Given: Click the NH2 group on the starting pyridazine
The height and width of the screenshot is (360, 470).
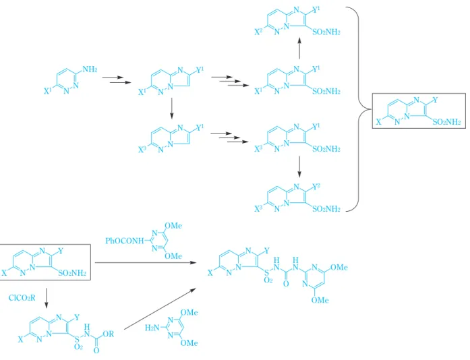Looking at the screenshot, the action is pyautogui.click(x=90, y=69).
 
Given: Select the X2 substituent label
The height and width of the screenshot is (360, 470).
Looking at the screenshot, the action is pyautogui.click(x=258, y=32).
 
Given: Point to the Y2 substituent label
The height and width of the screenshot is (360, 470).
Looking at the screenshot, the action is pyautogui.click(x=316, y=187).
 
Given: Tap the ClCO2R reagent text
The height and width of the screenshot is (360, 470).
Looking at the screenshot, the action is pyautogui.click(x=22, y=298).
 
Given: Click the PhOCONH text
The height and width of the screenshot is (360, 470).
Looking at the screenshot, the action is pyautogui.click(x=125, y=241).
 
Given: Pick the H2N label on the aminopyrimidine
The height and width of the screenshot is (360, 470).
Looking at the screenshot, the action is pyautogui.click(x=152, y=328).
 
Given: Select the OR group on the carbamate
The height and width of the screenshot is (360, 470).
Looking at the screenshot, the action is pyautogui.click(x=108, y=334).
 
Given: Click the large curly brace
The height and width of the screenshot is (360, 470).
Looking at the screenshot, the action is pyautogui.click(x=359, y=109).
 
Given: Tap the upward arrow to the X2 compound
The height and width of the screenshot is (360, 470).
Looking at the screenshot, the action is pyautogui.click(x=299, y=49).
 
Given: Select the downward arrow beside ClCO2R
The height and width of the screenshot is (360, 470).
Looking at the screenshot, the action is pyautogui.click(x=46, y=298).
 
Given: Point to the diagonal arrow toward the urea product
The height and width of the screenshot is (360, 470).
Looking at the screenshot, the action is pyautogui.click(x=160, y=309).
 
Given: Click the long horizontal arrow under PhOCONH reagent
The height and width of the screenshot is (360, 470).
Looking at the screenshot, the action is pyautogui.click(x=146, y=262).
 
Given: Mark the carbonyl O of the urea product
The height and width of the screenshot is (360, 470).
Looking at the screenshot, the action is pyautogui.click(x=286, y=283).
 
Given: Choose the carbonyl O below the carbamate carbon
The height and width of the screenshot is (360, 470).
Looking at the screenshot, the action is pyautogui.click(x=96, y=350).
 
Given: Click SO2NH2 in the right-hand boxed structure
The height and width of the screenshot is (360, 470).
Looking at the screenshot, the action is pyautogui.click(x=446, y=122).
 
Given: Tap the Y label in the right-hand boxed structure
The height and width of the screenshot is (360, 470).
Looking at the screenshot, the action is pyautogui.click(x=435, y=100).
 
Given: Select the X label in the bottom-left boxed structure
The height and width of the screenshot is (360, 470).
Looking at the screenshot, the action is pyautogui.click(x=4, y=273).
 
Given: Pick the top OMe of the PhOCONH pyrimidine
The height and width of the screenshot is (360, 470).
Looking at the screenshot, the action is pyautogui.click(x=173, y=226).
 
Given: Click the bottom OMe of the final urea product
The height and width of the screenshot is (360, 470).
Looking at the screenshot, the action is pyautogui.click(x=320, y=300).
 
